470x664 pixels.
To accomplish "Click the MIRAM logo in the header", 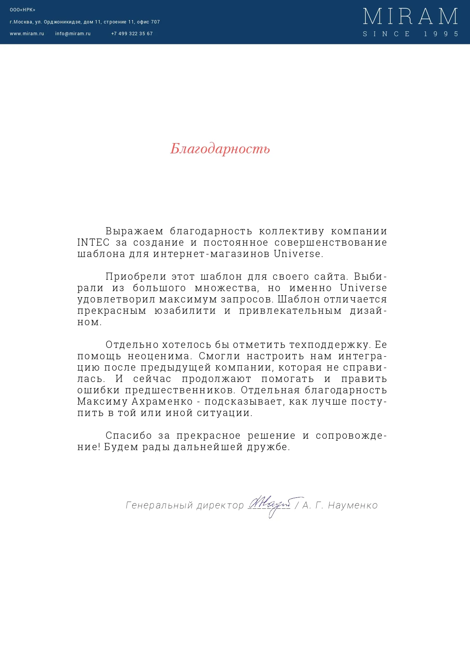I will [410, 17].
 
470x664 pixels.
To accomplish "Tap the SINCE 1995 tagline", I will [410, 34].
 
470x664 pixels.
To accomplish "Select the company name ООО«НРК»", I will [22, 10].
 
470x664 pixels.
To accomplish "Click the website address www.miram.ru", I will [27, 34].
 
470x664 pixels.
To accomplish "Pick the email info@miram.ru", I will [73, 34].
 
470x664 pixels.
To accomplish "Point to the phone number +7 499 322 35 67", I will [132, 34].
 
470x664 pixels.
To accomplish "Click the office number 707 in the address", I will [155, 22].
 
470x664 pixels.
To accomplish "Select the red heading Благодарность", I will [220, 149].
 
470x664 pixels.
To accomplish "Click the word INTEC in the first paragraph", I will [93, 243].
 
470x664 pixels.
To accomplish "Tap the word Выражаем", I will [134, 231].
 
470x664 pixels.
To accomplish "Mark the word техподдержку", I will [329, 345].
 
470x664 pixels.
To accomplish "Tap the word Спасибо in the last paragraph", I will [128, 436].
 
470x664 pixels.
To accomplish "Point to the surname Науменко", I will [353, 505].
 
